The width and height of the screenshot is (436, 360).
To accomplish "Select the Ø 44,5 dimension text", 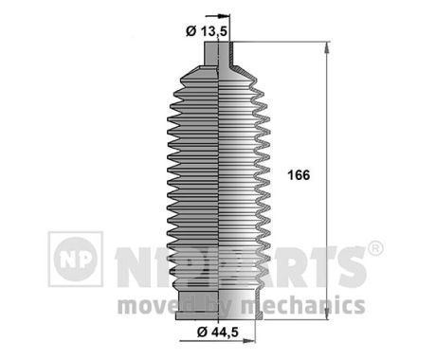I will pyautogui.click(x=214, y=333).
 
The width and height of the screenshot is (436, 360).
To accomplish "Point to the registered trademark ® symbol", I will pyautogui.click(x=374, y=249).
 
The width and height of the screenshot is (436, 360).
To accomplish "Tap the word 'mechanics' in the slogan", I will pyautogui.click(x=312, y=305).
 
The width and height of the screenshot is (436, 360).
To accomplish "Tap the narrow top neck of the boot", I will pyautogui.click(x=219, y=58).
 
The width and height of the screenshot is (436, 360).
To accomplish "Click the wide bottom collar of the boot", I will pyautogui.click(x=219, y=299).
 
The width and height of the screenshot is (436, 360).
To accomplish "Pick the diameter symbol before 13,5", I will pyautogui.click(x=191, y=31).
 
